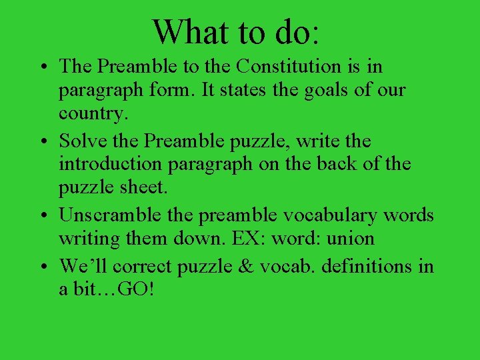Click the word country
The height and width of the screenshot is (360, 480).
tap(92, 113)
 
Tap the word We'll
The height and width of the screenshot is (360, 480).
tap(84, 266)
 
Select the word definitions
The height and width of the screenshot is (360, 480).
tap(368, 266)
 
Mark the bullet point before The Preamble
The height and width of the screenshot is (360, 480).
tap(42, 67)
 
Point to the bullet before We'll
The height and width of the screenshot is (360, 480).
tap(42, 267)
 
